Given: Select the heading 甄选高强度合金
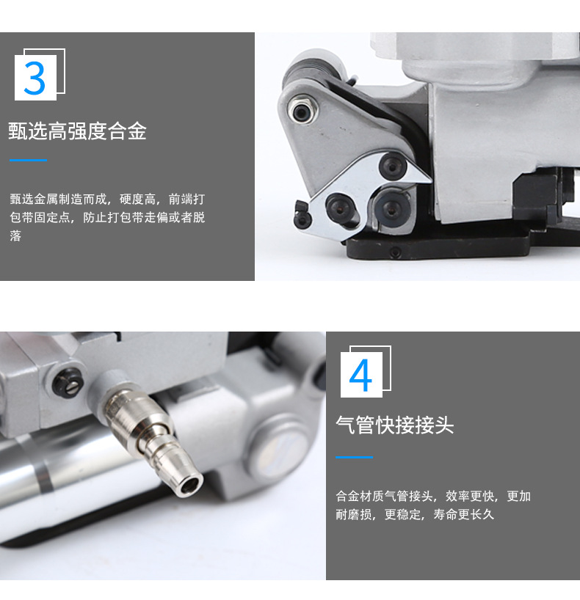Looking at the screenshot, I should pyautogui.click(x=77, y=131).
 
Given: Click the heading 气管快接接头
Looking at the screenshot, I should pyautogui.click(x=394, y=425).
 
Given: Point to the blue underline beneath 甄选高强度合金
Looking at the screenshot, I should pyautogui.click(x=28, y=160).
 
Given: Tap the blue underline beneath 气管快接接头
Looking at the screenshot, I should pyautogui.click(x=354, y=457).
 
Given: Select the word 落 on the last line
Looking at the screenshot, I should pyautogui.click(x=15, y=235).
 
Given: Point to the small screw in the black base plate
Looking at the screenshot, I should pyautogui.click(x=396, y=253).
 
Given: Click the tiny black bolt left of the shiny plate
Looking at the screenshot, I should pyautogui.click(x=300, y=218).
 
